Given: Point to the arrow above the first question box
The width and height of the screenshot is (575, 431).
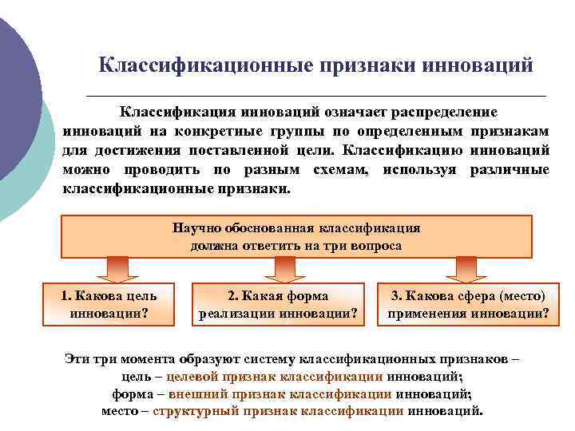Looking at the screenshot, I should click(x=117, y=267).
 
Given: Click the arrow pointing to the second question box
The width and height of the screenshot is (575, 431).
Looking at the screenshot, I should click(x=280, y=267).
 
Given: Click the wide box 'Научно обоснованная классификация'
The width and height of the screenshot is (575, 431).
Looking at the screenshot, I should click(x=296, y=236).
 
